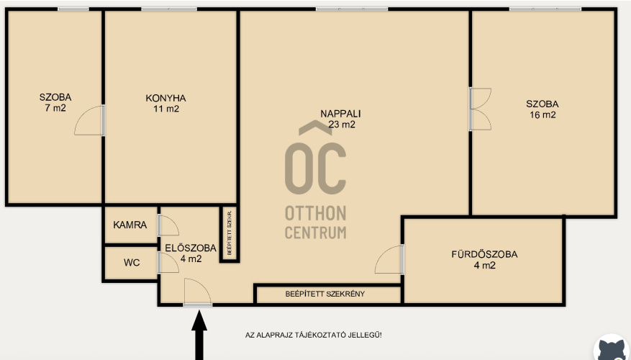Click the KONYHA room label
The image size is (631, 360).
(x=165, y=98)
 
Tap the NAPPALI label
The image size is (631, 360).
(x=340, y=114)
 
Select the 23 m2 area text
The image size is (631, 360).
(x=342, y=125)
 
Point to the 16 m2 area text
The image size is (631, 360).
(x=543, y=114)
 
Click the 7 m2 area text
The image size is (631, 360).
(x=55, y=108)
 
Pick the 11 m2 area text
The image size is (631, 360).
(x=166, y=109)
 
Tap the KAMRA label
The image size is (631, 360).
(x=130, y=225)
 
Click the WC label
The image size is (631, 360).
(x=132, y=263)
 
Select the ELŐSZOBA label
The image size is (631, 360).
(x=191, y=248)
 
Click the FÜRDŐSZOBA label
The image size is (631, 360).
(x=484, y=254)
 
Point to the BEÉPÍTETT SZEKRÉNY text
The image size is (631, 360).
(x=325, y=294)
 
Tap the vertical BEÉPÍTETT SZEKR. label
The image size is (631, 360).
(x=230, y=233)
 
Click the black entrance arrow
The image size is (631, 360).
(x=199, y=336)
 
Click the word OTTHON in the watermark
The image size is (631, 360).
(x=315, y=213)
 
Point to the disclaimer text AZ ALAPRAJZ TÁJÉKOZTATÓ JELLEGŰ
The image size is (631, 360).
(x=314, y=335)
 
